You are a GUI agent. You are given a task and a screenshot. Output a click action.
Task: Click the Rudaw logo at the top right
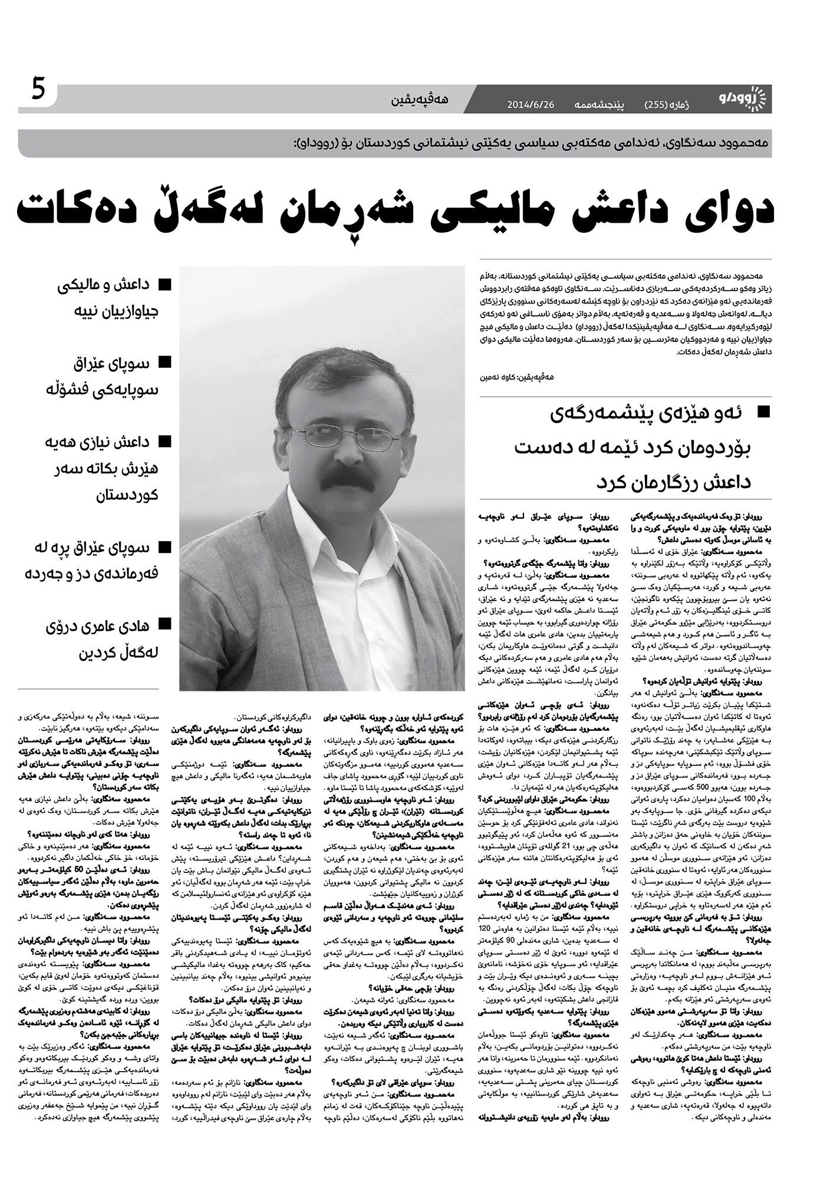(745, 98)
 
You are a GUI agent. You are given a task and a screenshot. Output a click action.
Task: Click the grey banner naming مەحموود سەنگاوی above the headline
(395, 143)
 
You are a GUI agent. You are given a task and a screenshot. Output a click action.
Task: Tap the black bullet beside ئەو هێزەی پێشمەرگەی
(763, 412)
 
